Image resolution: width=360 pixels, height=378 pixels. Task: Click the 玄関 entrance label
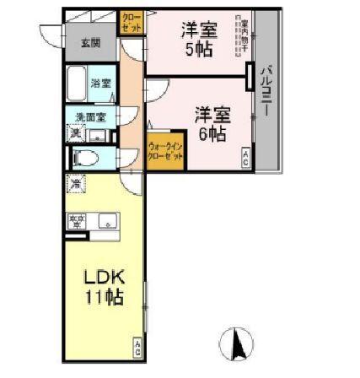[89, 42]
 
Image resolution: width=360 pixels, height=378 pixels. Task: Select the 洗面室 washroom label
[89, 116]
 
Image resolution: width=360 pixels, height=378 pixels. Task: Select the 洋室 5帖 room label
[199, 38]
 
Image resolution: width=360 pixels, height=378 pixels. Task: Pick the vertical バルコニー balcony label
[266, 89]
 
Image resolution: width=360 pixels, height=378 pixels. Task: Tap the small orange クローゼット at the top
[132, 22]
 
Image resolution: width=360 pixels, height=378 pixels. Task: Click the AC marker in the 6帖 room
[245, 155]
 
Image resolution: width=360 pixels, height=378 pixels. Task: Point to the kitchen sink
[107, 222]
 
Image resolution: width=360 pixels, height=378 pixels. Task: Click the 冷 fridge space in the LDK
[76, 183]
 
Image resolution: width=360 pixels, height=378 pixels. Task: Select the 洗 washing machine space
[76, 132]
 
